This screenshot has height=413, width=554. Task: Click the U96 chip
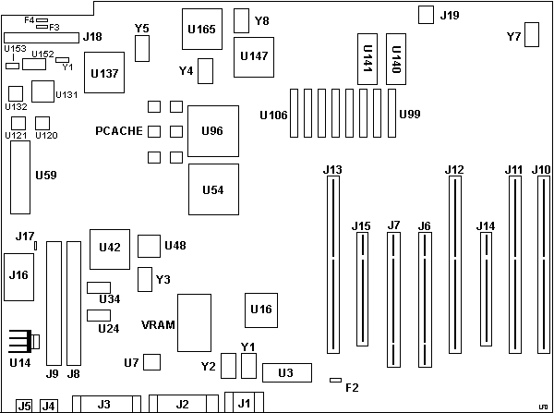(x=212, y=131)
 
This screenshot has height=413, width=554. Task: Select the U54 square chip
(x=212, y=189)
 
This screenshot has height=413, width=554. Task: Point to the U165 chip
(x=201, y=30)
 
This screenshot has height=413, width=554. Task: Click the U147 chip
(x=253, y=56)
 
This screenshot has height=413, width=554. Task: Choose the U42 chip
(x=109, y=247)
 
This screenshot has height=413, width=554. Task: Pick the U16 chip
(x=261, y=309)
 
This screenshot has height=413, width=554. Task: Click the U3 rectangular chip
(x=285, y=373)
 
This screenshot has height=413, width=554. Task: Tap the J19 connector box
(x=426, y=15)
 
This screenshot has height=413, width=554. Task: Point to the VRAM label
(x=157, y=324)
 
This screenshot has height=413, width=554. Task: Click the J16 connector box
(x=18, y=275)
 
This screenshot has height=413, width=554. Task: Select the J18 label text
(x=92, y=38)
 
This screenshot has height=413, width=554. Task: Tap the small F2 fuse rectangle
(x=336, y=380)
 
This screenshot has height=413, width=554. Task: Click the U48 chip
(x=149, y=246)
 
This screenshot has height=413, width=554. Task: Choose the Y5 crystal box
(x=142, y=49)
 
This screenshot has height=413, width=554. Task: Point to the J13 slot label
(x=332, y=169)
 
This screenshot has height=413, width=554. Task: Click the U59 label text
(x=45, y=174)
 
